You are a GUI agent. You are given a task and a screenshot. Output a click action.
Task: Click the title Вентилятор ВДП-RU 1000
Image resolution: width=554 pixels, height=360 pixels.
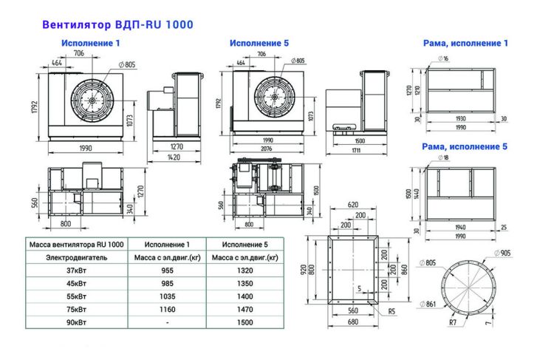point(117,24)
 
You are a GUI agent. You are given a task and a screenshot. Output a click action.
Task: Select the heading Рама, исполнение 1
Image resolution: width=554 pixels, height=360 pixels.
point(465,44)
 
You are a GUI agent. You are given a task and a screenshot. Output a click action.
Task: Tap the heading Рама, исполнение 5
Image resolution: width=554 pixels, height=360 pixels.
point(465,147)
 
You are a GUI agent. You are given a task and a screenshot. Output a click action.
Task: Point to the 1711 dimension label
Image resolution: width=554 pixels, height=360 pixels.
point(357,150)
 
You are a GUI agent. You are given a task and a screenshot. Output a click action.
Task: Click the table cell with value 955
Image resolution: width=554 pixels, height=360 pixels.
point(167,271)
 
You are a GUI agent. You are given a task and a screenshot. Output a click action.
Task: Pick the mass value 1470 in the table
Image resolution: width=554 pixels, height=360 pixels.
point(244,309)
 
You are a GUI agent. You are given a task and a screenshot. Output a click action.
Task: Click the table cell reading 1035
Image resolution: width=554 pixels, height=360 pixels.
point(167,296)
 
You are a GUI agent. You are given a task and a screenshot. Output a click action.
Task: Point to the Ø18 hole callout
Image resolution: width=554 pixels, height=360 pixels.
point(443,158)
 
